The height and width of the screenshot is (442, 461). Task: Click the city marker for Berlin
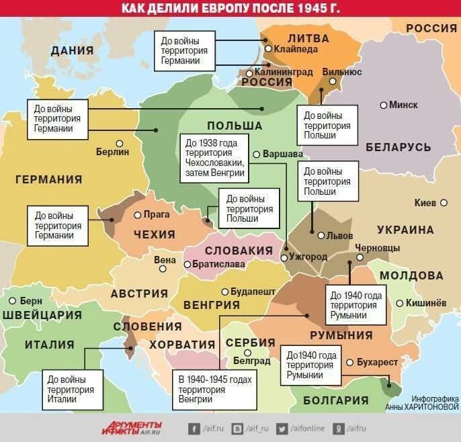[119, 142]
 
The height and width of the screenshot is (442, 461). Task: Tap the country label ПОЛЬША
[234, 126]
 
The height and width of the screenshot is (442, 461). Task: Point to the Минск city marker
[383, 105]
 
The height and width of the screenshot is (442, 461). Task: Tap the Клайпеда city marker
[268, 48]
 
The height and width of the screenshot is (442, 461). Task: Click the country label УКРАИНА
[405, 230]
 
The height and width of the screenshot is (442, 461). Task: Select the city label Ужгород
[308, 257]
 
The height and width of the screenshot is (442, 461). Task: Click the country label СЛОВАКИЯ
[238, 250]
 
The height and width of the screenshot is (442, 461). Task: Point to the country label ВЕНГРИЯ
[212, 304]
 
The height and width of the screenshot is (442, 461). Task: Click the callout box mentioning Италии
[70, 388]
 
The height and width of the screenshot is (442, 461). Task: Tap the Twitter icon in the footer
[282, 428]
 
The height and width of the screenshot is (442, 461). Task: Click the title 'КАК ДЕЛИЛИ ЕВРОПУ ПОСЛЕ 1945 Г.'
[230, 8]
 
